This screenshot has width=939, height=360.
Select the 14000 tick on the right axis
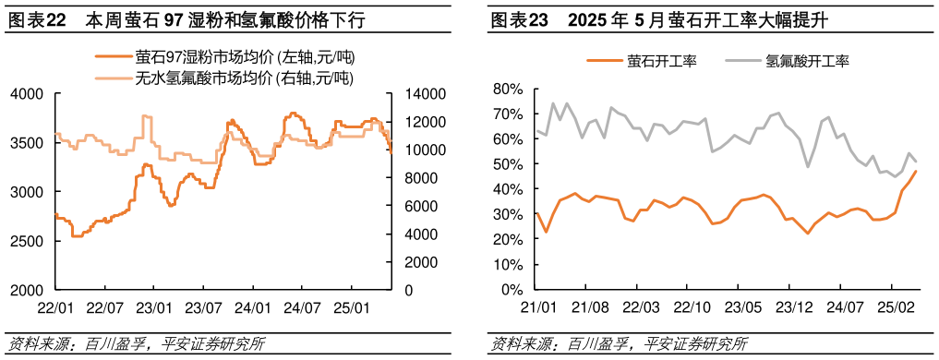[x=418, y=94]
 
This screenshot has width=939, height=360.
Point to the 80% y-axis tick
[x=509, y=90]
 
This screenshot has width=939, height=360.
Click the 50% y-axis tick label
[x=509, y=164]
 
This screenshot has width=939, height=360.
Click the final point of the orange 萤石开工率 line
[x=916, y=171]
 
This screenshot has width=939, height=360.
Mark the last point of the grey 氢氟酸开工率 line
[x=916, y=162]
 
